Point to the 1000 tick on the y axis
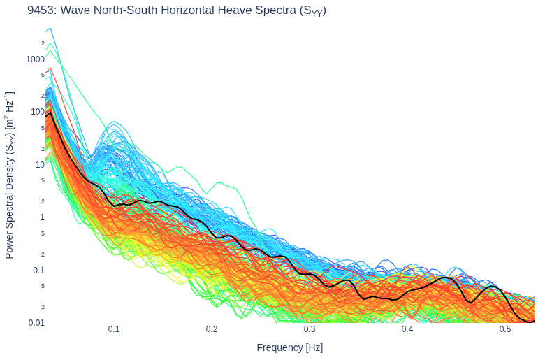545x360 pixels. (x=36, y=59)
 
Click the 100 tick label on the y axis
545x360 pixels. (x=38, y=112)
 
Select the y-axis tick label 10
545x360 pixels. (x=41, y=164)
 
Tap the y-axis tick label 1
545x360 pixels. (x=43, y=217)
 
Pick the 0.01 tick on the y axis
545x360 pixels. (x=36, y=323)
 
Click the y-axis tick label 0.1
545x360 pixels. (x=39, y=271)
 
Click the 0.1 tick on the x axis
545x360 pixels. (x=114, y=329)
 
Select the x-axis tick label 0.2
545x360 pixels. (x=212, y=329)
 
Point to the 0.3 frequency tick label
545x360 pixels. (x=310, y=329)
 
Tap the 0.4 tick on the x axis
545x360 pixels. (x=408, y=329)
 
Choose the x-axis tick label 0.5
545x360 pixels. (x=506, y=329)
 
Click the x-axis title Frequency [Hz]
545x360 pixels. (x=290, y=347)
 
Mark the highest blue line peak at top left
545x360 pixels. (x=50, y=29)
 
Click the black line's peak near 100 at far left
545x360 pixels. (x=50, y=113)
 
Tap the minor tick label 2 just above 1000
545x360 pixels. (x=43, y=43)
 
